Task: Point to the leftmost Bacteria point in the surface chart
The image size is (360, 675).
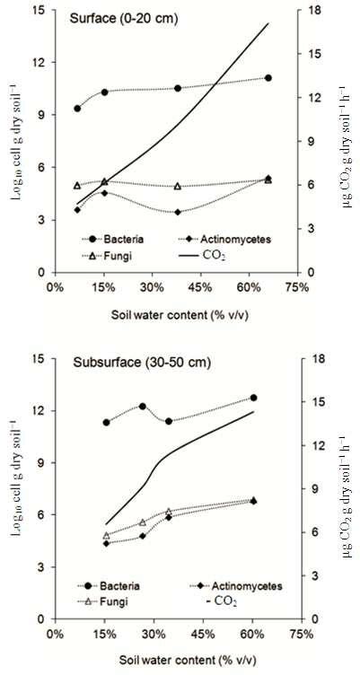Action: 77,109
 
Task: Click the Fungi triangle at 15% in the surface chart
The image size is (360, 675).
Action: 104,182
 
